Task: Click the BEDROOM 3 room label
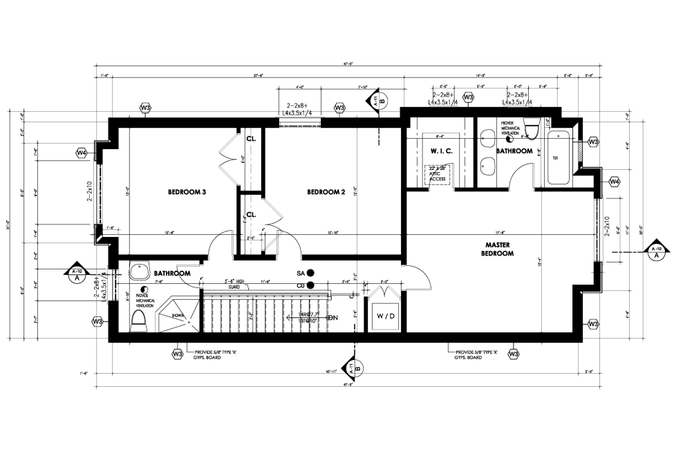point(187,192)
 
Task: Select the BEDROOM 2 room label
point(326,192)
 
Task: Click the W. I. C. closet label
point(441,151)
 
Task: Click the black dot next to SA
point(310,273)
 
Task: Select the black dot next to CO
point(310,285)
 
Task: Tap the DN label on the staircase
point(332,318)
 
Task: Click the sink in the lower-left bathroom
point(141,269)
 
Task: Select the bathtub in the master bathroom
point(560,157)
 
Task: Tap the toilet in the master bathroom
point(531,129)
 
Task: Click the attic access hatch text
point(438,174)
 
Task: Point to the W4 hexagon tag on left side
point(82,152)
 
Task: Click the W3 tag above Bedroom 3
point(145,108)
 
